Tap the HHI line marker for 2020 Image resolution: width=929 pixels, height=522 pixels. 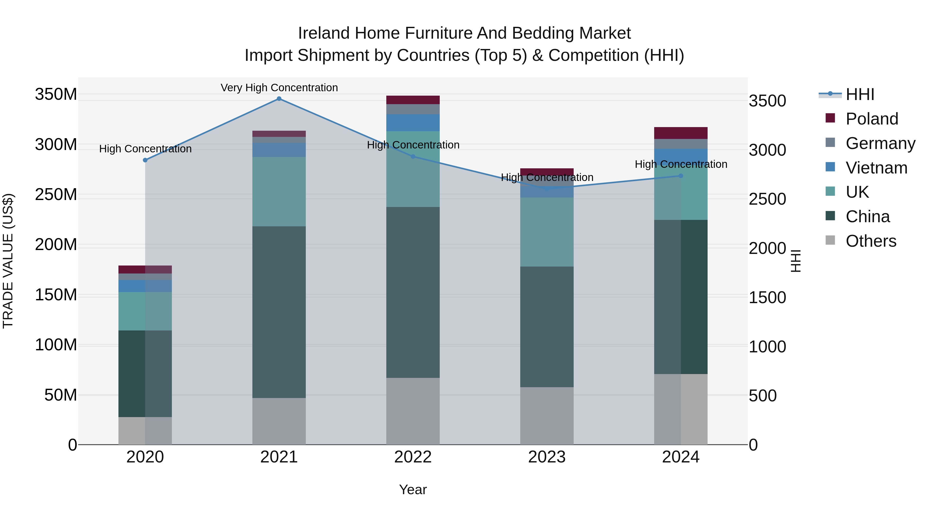pos(145,160)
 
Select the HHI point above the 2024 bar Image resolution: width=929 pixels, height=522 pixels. pos(680,176)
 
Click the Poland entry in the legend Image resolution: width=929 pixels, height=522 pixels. pos(871,119)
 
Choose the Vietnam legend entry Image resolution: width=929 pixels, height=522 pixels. pos(876,168)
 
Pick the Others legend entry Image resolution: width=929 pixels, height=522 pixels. pos(871,241)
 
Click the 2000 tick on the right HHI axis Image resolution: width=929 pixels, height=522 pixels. pos(767,248)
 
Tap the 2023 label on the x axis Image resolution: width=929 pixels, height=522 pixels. pos(547,457)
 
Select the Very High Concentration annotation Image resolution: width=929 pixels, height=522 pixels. pos(279,88)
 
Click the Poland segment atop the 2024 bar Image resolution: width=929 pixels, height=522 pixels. pos(680,133)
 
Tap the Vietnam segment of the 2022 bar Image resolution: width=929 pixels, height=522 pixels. pos(413,122)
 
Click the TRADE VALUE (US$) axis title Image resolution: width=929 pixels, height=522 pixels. pos(8,261)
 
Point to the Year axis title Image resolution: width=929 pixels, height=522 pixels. pos(413,490)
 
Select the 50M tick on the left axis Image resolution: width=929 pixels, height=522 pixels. pos(61,395)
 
